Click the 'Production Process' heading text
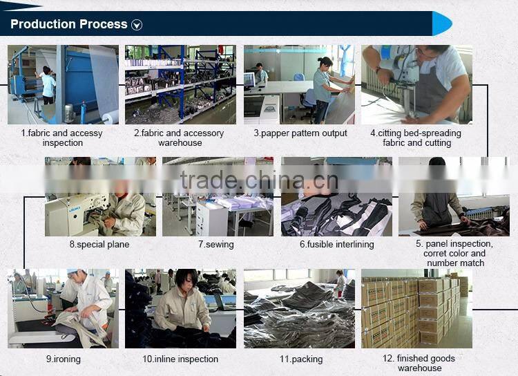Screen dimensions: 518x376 [68, 24]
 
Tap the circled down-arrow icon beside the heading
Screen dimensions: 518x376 [137, 25]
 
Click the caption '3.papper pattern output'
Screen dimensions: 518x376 [300, 133]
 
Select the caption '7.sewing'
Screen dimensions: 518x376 [216, 245]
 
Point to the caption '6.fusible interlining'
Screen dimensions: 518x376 [336, 245]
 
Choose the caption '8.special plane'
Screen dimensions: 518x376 [99, 245]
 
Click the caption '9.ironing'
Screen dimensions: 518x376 [63, 359]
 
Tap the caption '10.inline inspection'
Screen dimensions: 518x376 [180, 359]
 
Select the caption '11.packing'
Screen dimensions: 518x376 [301, 359]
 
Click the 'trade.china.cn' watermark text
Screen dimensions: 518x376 [259, 180]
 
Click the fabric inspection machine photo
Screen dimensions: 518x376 [63, 84]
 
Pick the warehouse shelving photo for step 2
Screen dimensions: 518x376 [180, 84]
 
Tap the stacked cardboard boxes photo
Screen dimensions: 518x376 [417, 308]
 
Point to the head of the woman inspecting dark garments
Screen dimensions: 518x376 [186, 279]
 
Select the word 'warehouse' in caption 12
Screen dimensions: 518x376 [419, 368]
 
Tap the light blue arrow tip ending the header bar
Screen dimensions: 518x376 [442, 23]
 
